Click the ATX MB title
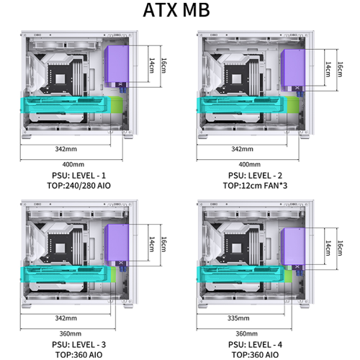coord(176,10)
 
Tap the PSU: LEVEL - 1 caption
coord(78,176)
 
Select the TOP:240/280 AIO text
coord(78,186)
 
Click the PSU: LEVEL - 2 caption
coord(255,176)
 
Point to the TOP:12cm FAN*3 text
coord(255,186)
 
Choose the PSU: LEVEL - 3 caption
coord(78,345)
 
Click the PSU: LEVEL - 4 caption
coord(255,345)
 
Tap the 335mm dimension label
coord(238,318)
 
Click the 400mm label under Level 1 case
coord(73,164)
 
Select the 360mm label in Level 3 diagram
coord(71,333)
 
